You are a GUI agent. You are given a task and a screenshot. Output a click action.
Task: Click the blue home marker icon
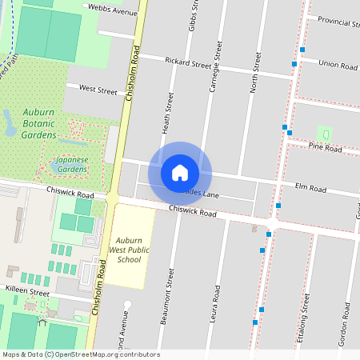point(180,173)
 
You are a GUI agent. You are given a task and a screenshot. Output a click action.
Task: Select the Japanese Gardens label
point(60,165)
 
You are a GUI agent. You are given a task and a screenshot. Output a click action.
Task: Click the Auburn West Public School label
point(129,250)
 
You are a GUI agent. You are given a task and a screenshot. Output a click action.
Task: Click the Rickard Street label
point(187,62)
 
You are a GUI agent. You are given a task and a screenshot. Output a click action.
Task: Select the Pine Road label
point(325,149)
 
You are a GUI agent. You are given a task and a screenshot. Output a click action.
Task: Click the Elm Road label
point(310,189)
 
